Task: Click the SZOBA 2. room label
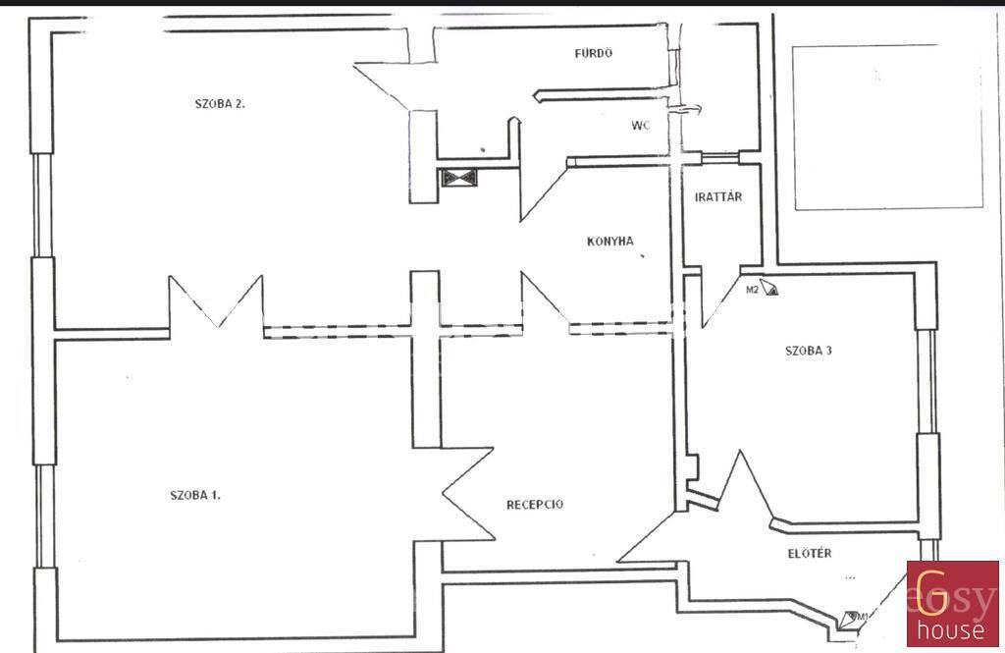220,103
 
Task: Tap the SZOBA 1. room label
195,495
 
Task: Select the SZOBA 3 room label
809,351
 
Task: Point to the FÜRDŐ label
594,53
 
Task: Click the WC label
640,125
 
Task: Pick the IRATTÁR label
718,197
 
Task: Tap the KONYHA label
610,242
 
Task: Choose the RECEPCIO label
535,505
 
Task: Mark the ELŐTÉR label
810,553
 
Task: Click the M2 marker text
753,290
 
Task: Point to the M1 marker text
863,617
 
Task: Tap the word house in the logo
950,629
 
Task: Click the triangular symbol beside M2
769,287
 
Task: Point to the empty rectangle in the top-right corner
887,127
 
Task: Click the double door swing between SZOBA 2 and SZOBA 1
216,302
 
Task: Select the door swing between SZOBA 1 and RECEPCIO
468,494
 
